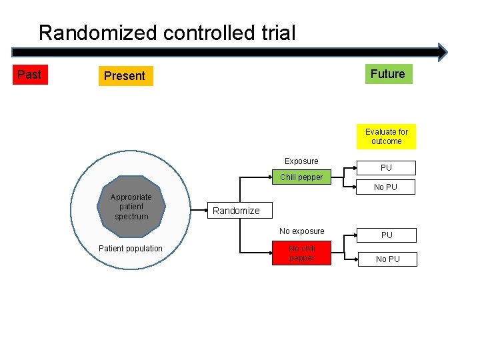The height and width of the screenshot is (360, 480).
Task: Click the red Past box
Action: [x=29, y=75]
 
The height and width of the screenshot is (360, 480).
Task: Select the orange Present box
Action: [x=125, y=76]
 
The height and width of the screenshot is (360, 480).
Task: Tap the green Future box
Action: [x=387, y=74]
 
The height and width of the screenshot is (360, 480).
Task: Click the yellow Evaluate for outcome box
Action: [x=386, y=137]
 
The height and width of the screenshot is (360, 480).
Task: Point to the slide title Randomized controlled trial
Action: [x=167, y=33]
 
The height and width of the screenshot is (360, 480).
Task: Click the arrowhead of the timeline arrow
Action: [x=441, y=52]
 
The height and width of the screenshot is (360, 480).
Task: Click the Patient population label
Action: [x=130, y=249]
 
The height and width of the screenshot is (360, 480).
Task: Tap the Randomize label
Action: [x=236, y=211]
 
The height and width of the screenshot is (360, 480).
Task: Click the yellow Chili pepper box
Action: [x=301, y=177]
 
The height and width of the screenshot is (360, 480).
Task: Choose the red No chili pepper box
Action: [x=301, y=253]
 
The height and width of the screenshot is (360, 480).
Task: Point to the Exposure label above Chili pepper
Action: [x=301, y=161]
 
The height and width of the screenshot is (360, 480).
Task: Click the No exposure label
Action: [x=301, y=231]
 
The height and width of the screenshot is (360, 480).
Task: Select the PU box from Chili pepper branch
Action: [x=386, y=168]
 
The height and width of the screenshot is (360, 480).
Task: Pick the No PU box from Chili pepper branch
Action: [x=385, y=187]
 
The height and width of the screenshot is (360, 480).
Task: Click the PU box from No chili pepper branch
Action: [x=387, y=235]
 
